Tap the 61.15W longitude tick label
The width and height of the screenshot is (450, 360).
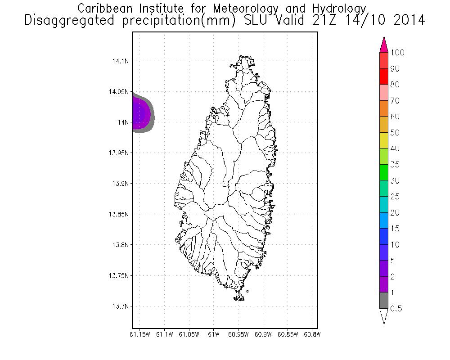(x=139, y=334)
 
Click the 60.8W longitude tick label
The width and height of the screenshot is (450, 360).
(x=312, y=334)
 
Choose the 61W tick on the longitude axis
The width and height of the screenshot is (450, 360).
(x=214, y=334)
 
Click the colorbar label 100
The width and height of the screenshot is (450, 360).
(x=397, y=53)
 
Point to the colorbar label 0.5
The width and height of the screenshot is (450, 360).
(x=396, y=309)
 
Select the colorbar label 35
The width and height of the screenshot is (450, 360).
(x=395, y=165)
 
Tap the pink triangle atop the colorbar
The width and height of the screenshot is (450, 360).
(x=384, y=45)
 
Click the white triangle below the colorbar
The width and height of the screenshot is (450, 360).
(x=384, y=315)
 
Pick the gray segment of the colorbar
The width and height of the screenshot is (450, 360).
(x=384, y=300)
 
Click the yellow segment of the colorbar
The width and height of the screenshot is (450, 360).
(x=384, y=140)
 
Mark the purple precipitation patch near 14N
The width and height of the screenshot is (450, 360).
(x=140, y=115)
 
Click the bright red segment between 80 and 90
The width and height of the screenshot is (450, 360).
(x=384, y=76)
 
